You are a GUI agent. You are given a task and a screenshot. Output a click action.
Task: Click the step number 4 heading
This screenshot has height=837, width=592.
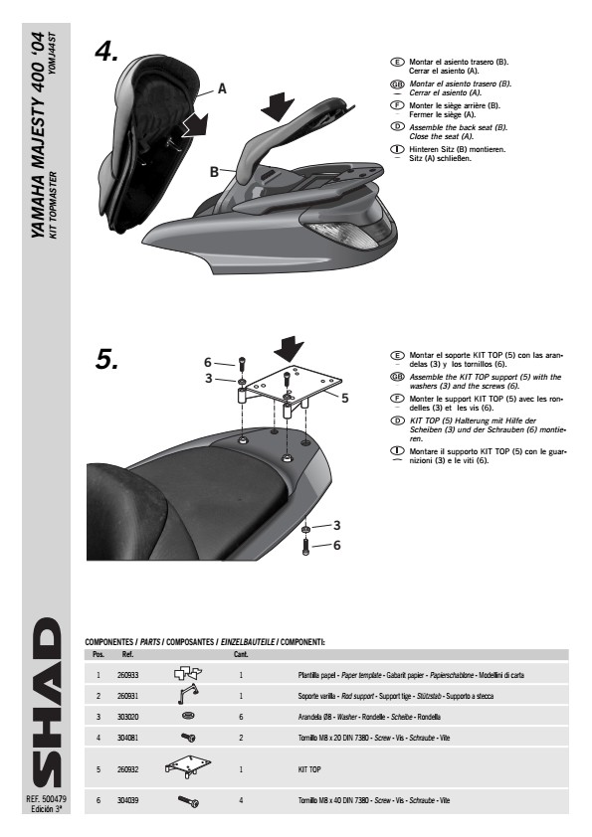click(x=106, y=52)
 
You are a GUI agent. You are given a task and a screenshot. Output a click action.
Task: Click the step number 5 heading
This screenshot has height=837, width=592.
click(x=106, y=359)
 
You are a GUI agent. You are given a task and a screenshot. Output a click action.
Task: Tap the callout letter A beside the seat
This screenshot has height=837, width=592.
click(x=222, y=88)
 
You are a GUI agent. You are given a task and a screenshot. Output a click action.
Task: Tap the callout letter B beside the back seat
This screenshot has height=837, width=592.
click(x=214, y=172)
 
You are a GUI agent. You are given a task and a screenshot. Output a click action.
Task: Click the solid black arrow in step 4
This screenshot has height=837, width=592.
click(x=278, y=107)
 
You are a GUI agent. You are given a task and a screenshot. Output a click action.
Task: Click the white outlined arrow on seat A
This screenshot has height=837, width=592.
click(x=196, y=125)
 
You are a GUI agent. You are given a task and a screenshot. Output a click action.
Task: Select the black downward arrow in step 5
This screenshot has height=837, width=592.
click(x=289, y=350)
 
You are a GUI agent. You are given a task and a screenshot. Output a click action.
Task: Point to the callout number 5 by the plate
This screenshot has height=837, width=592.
click(x=344, y=399)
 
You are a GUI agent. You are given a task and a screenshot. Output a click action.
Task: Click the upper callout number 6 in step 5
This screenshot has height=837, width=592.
click(x=208, y=363)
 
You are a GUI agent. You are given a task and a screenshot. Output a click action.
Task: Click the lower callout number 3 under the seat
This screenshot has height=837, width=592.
click(x=336, y=525)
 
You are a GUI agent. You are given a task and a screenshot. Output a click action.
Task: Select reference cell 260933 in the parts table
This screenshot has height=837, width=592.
click(x=127, y=675)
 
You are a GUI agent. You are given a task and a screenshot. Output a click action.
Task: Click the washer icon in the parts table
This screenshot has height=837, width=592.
click(x=187, y=716)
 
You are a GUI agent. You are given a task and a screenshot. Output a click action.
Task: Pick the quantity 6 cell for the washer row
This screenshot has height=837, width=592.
click(x=241, y=717)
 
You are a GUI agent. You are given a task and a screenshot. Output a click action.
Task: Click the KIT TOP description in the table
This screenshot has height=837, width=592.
click(x=309, y=769)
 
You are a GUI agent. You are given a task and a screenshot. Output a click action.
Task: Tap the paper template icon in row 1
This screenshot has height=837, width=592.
click(x=188, y=674)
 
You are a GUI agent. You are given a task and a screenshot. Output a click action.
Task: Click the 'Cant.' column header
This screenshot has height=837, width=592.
click(x=241, y=654)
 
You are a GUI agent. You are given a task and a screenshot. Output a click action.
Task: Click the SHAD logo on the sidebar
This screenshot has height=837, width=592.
click(x=47, y=703)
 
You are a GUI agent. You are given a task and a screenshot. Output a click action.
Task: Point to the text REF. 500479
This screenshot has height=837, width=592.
click(x=46, y=799)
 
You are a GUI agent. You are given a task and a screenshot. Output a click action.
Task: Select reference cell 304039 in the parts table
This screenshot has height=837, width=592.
click(x=127, y=800)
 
